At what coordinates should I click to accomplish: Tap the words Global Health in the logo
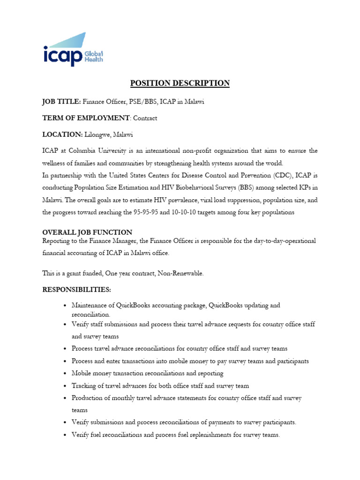(x=93, y=56)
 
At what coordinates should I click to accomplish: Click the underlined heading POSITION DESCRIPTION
(x=180, y=83)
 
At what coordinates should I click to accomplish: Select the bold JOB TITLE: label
(x=61, y=102)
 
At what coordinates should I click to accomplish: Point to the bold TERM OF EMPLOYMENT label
(x=85, y=118)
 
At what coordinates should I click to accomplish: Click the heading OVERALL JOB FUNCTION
(x=87, y=232)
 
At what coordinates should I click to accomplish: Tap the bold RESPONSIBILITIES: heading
(x=77, y=290)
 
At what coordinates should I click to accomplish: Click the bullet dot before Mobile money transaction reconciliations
(x=65, y=374)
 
